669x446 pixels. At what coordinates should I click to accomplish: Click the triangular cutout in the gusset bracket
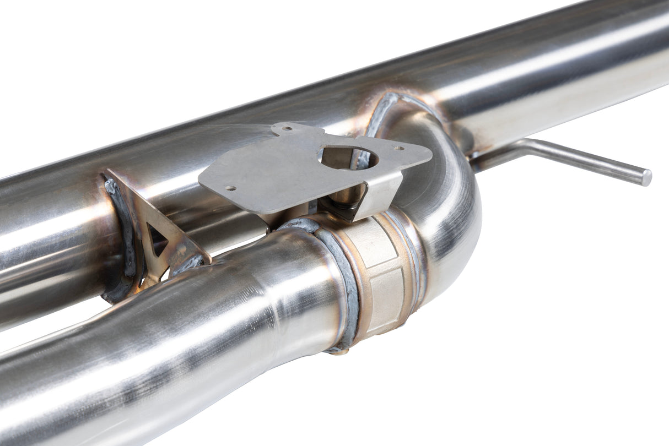pyautogui.click(x=157, y=243)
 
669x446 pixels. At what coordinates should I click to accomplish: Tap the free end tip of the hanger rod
pyautogui.click(x=646, y=177)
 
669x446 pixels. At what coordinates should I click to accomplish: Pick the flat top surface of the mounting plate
pyautogui.click(x=276, y=176)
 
